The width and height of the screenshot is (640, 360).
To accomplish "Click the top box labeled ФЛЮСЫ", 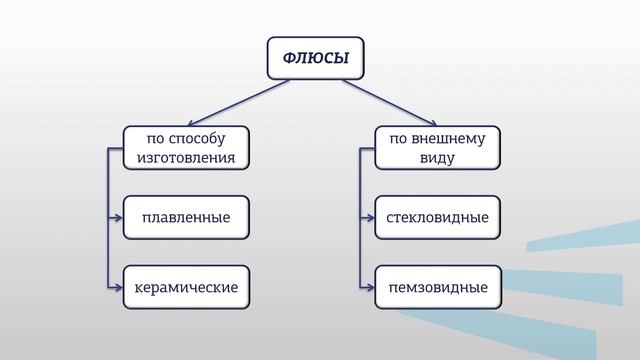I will click(x=315, y=58).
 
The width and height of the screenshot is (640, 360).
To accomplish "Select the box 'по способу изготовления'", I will click(x=185, y=147).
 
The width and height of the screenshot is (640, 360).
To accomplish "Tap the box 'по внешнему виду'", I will click(x=437, y=147).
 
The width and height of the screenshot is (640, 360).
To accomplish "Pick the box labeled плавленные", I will click(x=185, y=217).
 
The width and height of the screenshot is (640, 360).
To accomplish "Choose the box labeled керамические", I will click(x=185, y=287).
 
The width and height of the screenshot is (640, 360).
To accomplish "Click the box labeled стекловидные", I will click(x=437, y=217).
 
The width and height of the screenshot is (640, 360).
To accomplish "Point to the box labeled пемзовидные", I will click(x=437, y=287).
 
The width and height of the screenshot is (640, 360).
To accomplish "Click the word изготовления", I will click(x=185, y=157).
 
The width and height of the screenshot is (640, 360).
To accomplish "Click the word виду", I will click(x=437, y=157).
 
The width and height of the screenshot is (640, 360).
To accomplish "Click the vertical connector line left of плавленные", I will click(x=107, y=185).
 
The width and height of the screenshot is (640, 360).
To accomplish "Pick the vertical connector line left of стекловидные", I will click(x=360, y=185).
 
